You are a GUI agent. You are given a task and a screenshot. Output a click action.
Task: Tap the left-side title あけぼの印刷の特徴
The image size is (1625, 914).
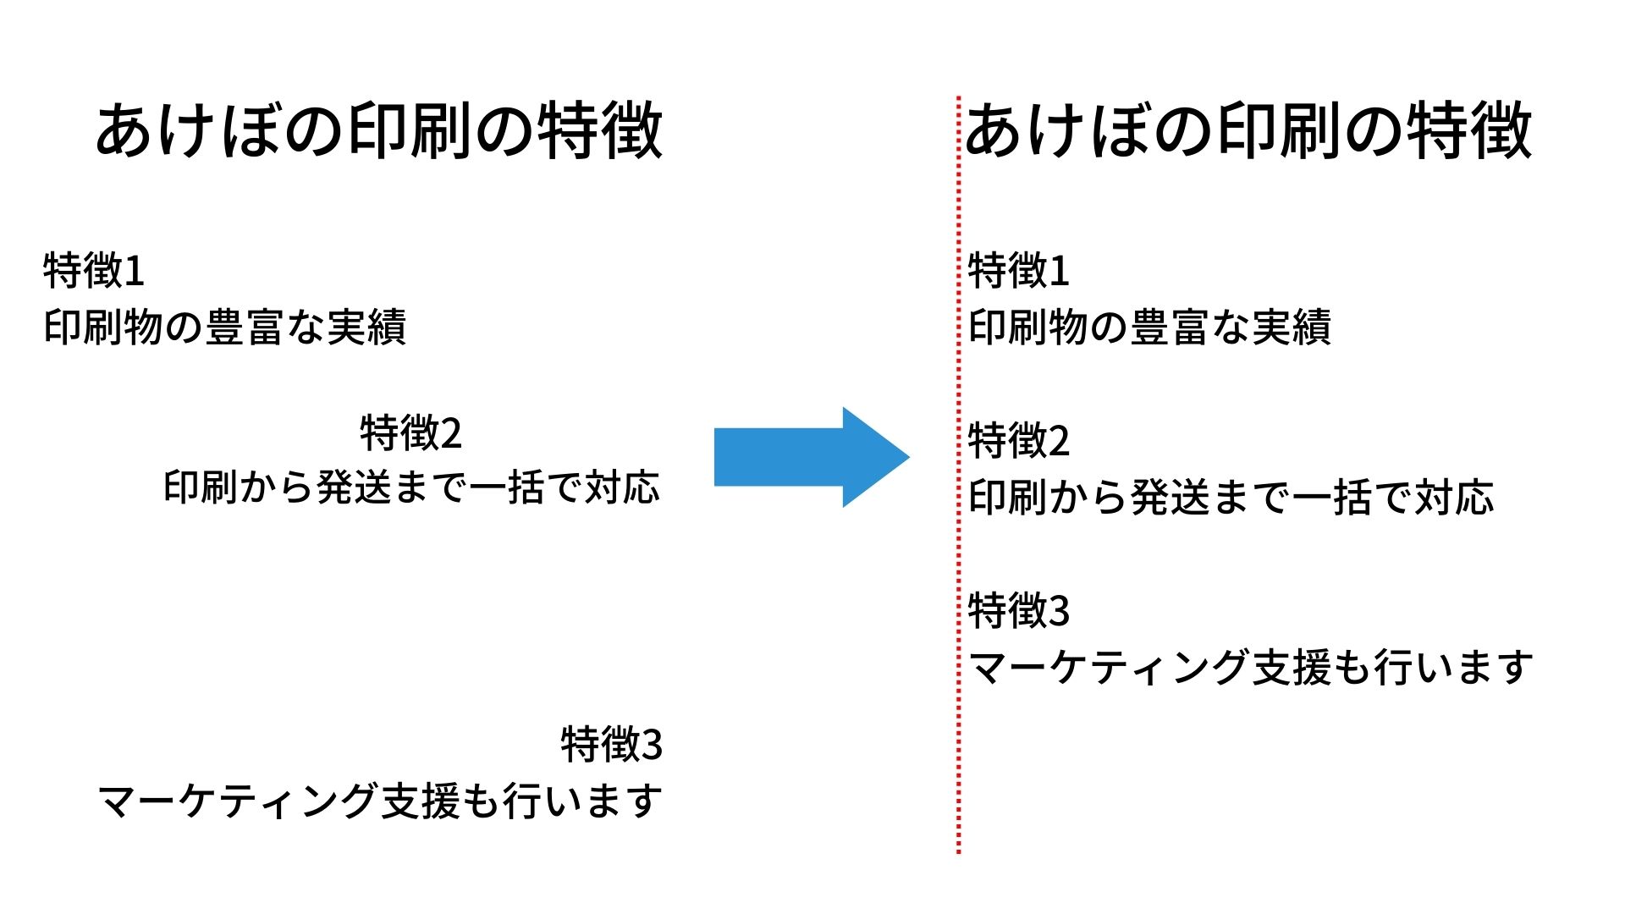378,130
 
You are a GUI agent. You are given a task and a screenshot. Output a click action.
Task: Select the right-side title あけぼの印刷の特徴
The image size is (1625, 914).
1248,130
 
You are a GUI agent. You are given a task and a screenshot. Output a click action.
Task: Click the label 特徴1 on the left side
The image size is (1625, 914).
94,271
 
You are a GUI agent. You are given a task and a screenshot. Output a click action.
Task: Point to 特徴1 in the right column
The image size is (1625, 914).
1019,271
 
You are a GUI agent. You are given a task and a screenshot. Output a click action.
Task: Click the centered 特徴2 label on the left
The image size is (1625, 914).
411,432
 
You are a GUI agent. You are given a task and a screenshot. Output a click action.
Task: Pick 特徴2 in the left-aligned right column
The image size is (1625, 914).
1019,440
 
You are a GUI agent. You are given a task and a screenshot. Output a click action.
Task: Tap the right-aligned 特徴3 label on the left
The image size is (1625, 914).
611,745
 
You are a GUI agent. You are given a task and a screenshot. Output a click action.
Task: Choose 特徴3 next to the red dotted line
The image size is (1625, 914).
1019,610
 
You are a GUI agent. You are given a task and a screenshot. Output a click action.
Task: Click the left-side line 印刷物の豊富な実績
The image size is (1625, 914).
225,327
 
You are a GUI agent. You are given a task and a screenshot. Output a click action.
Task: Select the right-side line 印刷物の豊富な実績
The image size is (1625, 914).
1149,327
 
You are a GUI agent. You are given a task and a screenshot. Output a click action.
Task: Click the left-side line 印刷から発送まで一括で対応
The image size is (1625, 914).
411,487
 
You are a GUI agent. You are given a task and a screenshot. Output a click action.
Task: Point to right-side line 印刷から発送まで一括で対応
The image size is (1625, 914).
1231,497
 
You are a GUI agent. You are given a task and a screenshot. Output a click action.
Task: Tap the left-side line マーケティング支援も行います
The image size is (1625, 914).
380,801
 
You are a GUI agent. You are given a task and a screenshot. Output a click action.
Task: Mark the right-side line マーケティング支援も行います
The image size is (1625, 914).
1250,667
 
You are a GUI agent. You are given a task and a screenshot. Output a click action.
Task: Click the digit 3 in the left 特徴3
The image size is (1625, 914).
653,746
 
